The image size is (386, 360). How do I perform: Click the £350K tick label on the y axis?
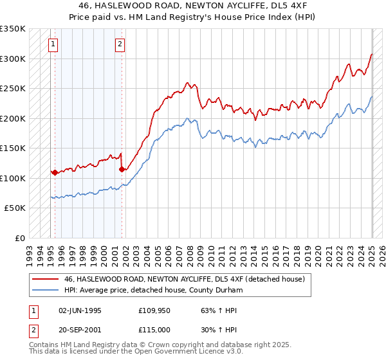tap(13, 29)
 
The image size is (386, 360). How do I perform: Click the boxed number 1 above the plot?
tap(52, 44)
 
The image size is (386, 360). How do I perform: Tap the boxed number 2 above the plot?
tap(120, 44)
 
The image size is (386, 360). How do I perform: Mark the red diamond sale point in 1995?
tap(55, 172)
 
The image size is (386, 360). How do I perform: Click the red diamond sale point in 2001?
tap(122, 170)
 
